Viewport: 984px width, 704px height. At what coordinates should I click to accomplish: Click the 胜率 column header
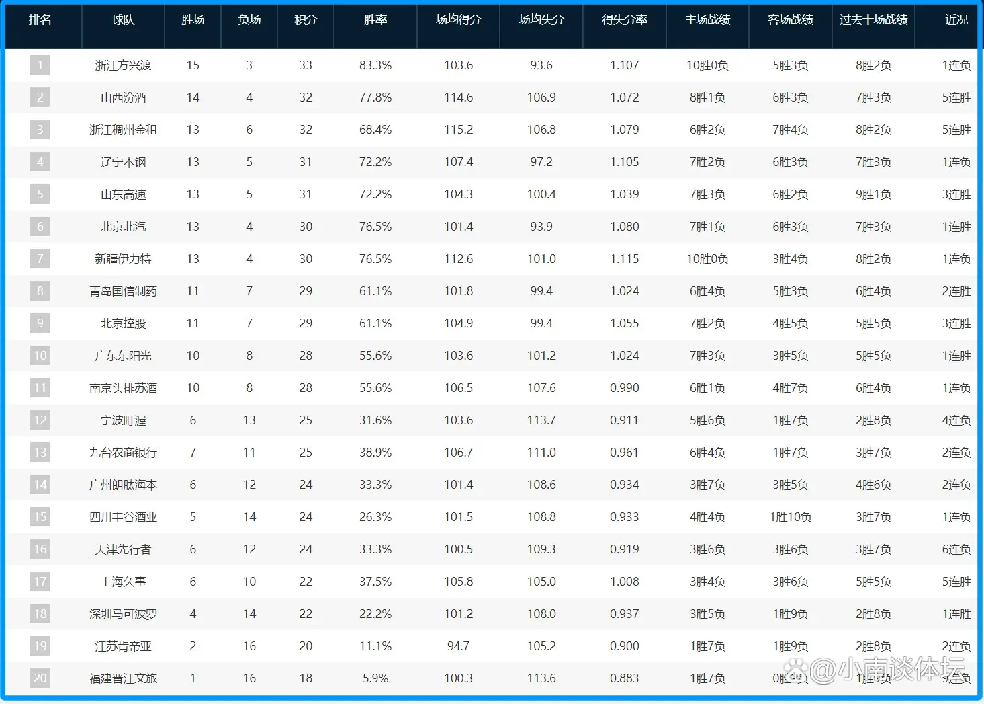pyautogui.click(x=375, y=20)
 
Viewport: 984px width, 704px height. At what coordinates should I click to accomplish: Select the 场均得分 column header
pyautogui.click(x=458, y=20)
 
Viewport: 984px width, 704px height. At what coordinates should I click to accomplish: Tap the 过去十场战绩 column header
pyautogui.click(x=873, y=20)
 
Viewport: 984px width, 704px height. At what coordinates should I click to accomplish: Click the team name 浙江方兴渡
pyautogui.click(x=123, y=65)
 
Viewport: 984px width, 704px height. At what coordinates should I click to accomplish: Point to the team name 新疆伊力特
pyautogui.click(x=123, y=259)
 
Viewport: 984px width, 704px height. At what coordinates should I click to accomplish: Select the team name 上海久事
pyautogui.click(x=123, y=582)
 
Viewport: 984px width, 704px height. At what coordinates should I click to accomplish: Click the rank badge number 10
pyautogui.click(x=40, y=356)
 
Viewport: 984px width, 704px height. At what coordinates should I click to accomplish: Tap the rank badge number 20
pyautogui.click(x=40, y=678)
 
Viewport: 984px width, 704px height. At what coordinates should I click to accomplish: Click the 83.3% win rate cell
pyautogui.click(x=375, y=65)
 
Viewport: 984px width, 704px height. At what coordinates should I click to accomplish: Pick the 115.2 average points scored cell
pyautogui.click(x=458, y=130)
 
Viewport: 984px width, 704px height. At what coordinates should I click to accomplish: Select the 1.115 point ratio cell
pyautogui.click(x=625, y=259)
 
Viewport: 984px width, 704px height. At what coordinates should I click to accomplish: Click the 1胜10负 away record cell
pyautogui.click(x=791, y=517)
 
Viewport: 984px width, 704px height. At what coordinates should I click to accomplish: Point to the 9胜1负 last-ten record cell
pyautogui.click(x=873, y=194)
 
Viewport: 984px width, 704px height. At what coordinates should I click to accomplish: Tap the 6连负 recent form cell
pyautogui.click(x=956, y=549)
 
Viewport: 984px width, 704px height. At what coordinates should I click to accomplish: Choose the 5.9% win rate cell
pyautogui.click(x=375, y=678)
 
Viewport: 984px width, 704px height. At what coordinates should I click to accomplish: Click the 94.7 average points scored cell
pyautogui.click(x=458, y=646)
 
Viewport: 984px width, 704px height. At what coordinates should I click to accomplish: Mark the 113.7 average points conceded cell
pyautogui.click(x=541, y=420)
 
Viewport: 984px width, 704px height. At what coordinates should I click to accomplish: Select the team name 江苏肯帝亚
pyautogui.click(x=123, y=646)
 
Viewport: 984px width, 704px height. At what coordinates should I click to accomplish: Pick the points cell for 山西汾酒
pyautogui.click(x=306, y=97)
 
